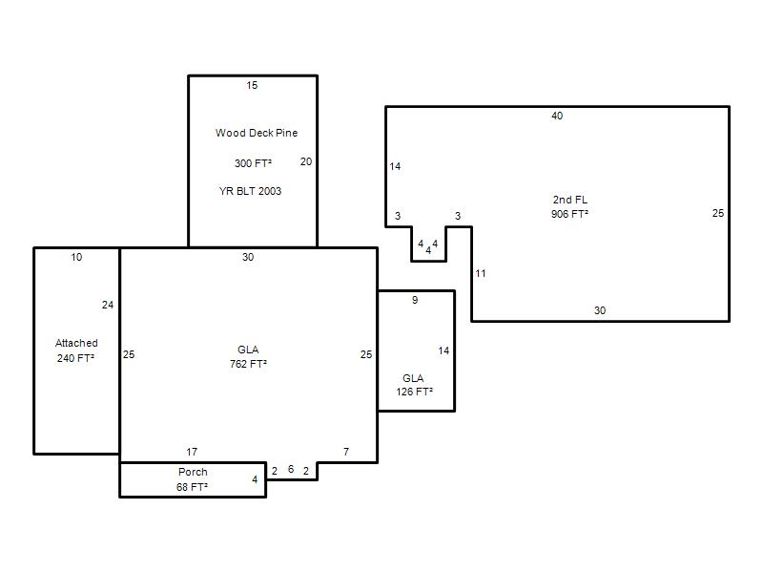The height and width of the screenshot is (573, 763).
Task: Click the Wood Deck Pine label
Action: click(257, 133)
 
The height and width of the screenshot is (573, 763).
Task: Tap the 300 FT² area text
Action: click(253, 163)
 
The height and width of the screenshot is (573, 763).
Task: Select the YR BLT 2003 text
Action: click(250, 191)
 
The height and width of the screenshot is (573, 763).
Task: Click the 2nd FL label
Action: click(569, 200)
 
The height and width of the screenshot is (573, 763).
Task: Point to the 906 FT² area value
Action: click(569, 214)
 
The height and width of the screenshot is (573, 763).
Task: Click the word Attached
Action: click(76, 343)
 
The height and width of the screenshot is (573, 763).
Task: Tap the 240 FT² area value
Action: click(75, 358)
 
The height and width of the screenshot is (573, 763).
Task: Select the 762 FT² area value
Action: click(248, 364)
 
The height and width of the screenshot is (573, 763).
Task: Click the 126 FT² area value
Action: click(415, 392)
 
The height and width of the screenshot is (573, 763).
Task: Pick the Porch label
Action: click(193, 472)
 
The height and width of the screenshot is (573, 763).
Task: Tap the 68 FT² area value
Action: click(193, 487)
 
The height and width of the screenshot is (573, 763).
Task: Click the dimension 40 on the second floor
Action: click(557, 116)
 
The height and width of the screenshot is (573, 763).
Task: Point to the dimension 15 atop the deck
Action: click(252, 85)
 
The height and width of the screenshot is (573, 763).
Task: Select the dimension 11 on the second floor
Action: click(481, 273)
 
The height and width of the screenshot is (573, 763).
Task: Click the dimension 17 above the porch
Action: click(192, 452)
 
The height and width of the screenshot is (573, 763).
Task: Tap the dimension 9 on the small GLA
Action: click(415, 300)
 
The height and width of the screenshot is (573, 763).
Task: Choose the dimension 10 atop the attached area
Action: click(76, 257)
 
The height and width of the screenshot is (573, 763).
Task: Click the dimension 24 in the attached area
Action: click(108, 305)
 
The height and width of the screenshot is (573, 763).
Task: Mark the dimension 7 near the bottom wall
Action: click(346, 452)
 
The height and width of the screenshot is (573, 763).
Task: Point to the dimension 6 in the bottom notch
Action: click(291, 469)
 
